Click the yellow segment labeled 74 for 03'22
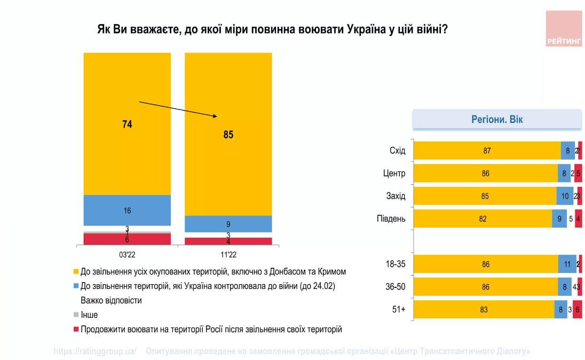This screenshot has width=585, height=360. tap(127, 124)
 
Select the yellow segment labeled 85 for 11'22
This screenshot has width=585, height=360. tap(228, 134)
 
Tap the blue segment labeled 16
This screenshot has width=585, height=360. tap(127, 210)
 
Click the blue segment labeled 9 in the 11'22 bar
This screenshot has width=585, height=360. tap(228, 224)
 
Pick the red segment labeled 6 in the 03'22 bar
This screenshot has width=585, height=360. tap(127, 239)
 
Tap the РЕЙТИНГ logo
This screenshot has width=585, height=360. tap(564, 29)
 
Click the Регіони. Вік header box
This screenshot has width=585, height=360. tap(497, 119)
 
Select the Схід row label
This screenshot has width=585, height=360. tap(397, 151)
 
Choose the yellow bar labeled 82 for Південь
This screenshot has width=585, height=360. tap(483, 218)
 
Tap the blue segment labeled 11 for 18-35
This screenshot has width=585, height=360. tap(567, 264)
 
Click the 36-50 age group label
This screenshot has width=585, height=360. tap(396, 287)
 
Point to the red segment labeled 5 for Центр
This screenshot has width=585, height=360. tap(578, 173)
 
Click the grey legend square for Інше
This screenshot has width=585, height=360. tap(76, 315)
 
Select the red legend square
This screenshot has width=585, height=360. tap(76, 329)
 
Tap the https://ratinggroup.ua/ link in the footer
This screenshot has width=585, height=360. tap(95, 351)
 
